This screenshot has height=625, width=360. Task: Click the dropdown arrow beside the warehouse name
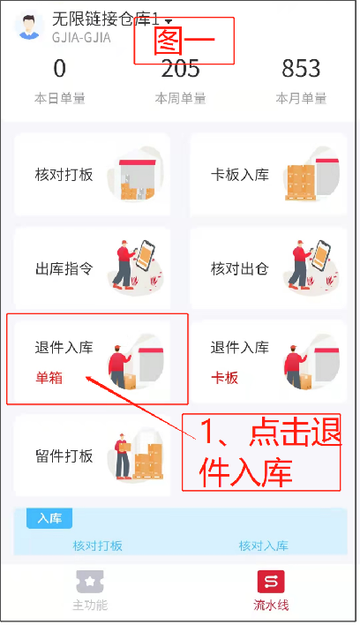click(169, 21)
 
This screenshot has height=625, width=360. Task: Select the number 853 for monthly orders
click(301, 68)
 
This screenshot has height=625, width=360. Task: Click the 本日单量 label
click(60, 98)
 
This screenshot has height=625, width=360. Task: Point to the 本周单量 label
click(180, 98)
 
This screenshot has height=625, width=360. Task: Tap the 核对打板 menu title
click(64, 175)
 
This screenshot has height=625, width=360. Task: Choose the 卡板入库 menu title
click(240, 175)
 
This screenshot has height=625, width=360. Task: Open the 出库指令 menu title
click(64, 269)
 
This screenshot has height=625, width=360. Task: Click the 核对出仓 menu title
click(240, 269)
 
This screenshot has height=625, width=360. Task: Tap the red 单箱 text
click(49, 378)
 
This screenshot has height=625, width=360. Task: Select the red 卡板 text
click(225, 378)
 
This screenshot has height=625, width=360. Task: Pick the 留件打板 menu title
click(64, 456)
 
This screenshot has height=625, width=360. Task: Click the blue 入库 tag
click(49, 518)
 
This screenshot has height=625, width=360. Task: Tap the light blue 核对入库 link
click(263, 546)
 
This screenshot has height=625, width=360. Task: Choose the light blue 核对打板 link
click(97, 546)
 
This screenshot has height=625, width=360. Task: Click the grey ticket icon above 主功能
click(90, 582)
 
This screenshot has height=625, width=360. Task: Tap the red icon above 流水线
click(271, 582)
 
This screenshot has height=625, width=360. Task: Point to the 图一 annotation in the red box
click(184, 41)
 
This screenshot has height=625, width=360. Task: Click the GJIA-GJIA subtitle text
click(81, 37)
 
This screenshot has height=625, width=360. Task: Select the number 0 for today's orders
click(60, 68)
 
